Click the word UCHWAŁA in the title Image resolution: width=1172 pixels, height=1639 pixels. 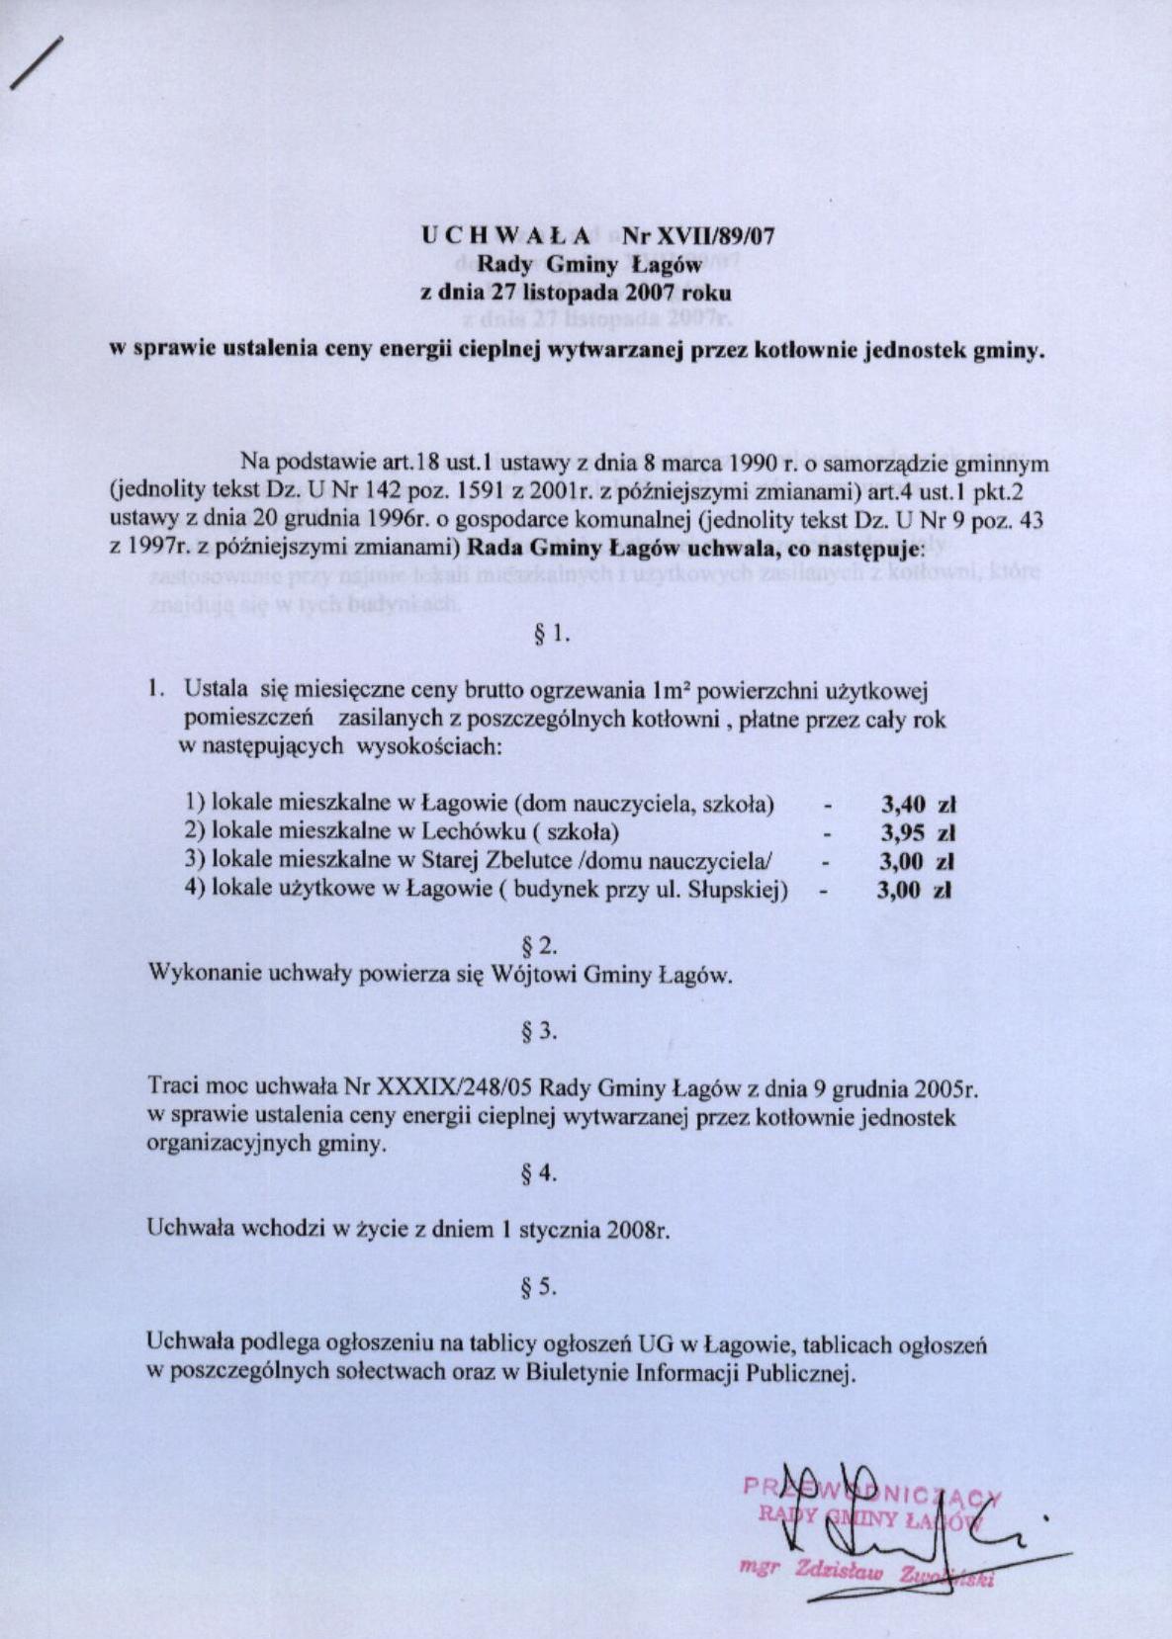[x=506, y=236]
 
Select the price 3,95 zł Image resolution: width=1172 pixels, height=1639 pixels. [x=917, y=832]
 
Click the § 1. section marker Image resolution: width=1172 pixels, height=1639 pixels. [x=552, y=635]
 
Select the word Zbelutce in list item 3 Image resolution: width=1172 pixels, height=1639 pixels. [x=516, y=861]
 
